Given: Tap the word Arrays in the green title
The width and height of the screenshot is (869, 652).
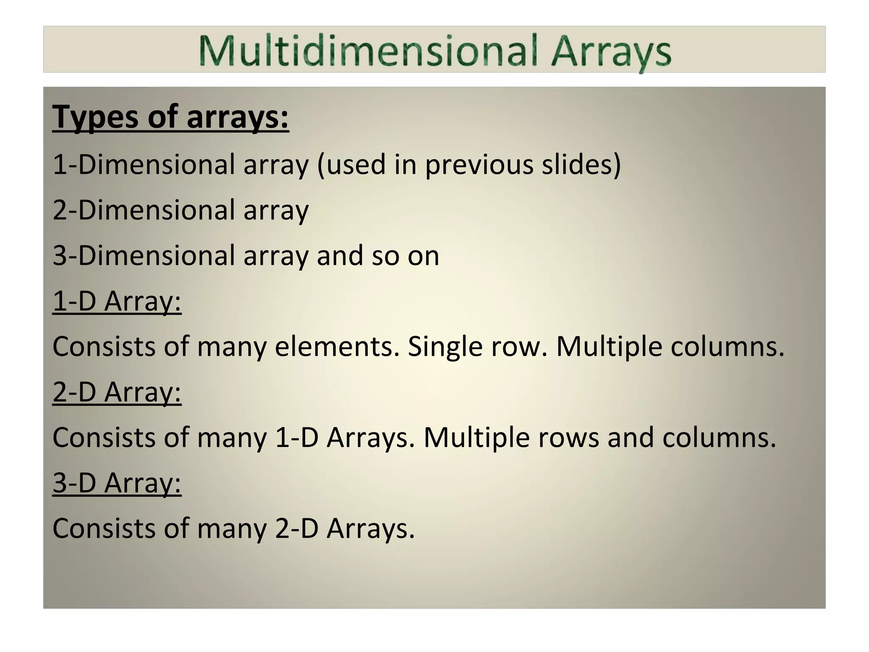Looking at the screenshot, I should (x=611, y=53).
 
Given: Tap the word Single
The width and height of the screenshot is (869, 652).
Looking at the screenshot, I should (x=445, y=346).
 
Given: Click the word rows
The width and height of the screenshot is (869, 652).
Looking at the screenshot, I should (x=569, y=438).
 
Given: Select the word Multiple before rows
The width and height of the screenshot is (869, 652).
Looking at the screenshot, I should (x=477, y=438).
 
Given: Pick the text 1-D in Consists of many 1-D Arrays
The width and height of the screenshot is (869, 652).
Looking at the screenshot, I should (x=297, y=437).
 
